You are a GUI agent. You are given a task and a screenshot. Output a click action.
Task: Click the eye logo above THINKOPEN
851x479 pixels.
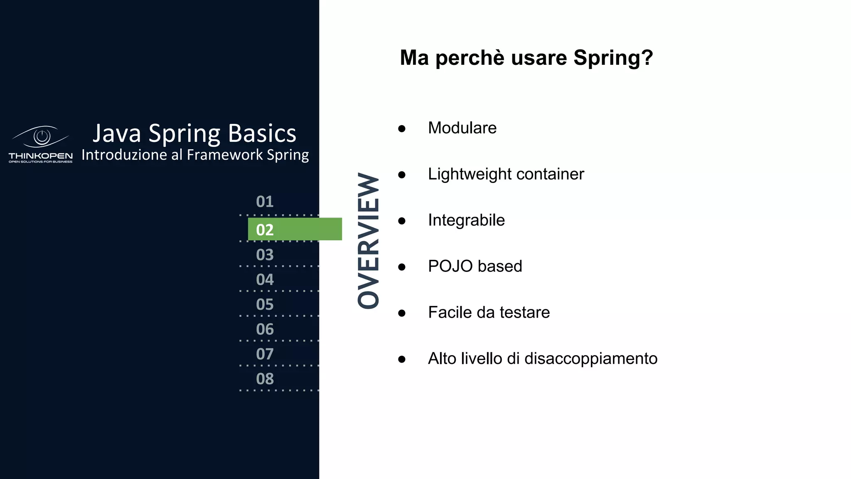41,136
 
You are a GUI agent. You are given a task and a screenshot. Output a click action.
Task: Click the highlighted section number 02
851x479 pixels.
265,230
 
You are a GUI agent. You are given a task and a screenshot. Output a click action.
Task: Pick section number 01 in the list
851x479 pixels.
265,202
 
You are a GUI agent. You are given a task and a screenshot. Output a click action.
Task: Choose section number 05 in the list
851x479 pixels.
265,304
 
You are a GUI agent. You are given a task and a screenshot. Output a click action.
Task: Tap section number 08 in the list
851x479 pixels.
265,379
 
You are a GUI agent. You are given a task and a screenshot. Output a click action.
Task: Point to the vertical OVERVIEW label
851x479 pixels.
369,241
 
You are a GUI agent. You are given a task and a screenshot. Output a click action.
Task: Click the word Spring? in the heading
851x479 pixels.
613,57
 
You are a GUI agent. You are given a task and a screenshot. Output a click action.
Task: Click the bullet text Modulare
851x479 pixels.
462,128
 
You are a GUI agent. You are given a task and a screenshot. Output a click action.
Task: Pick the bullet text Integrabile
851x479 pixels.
466,220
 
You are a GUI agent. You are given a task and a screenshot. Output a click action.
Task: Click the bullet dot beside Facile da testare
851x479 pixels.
401,313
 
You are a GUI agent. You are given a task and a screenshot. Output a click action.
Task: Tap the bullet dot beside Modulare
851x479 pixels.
401,128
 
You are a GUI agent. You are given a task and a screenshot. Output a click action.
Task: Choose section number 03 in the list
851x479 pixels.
265,254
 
